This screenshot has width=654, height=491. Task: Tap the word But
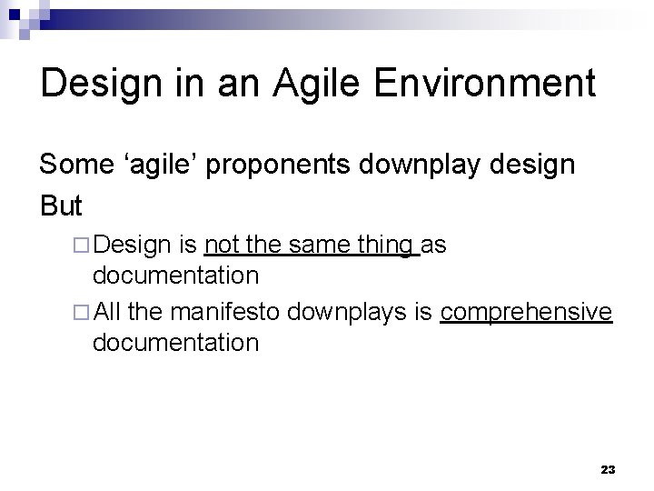tap(62, 205)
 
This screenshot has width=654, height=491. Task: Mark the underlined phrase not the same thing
tap(312, 245)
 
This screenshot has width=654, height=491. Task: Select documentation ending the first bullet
tap(176, 274)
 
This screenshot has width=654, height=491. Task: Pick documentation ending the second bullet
tap(176, 343)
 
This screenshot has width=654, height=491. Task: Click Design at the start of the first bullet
tap(132, 245)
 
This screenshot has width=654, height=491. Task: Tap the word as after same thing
tap(435, 245)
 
